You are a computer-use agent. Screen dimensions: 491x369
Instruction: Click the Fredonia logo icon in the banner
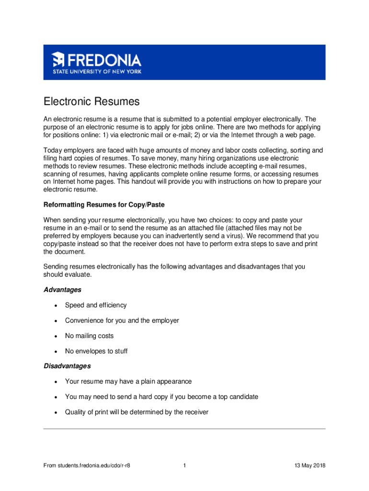(x=58, y=59)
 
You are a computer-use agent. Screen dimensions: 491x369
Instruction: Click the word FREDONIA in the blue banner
(x=104, y=60)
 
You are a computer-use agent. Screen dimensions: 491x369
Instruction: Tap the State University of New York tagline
(x=97, y=72)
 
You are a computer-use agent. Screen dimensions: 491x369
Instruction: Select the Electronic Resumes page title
(x=91, y=102)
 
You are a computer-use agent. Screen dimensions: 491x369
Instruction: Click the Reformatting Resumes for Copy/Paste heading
(x=104, y=205)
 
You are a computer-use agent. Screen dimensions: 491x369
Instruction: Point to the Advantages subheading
(x=62, y=290)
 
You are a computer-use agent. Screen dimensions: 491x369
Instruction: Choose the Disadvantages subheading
(x=67, y=366)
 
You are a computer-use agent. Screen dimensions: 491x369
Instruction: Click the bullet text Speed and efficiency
(x=96, y=305)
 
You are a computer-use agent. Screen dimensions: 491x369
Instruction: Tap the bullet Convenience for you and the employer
(x=122, y=321)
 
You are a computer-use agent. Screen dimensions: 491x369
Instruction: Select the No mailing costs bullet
(x=89, y=336)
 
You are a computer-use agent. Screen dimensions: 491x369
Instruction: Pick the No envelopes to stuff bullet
(x=96, y=351)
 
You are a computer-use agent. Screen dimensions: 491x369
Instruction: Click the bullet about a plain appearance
(x=128, y=382)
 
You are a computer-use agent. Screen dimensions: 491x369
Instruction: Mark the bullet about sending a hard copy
(x=161, y=397)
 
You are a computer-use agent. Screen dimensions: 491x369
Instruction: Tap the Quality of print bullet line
(x=137, y=412)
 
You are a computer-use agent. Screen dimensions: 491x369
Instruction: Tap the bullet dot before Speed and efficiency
(x=57, y=306)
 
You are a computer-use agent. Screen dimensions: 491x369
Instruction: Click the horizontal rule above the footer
(x=184, y=429)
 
